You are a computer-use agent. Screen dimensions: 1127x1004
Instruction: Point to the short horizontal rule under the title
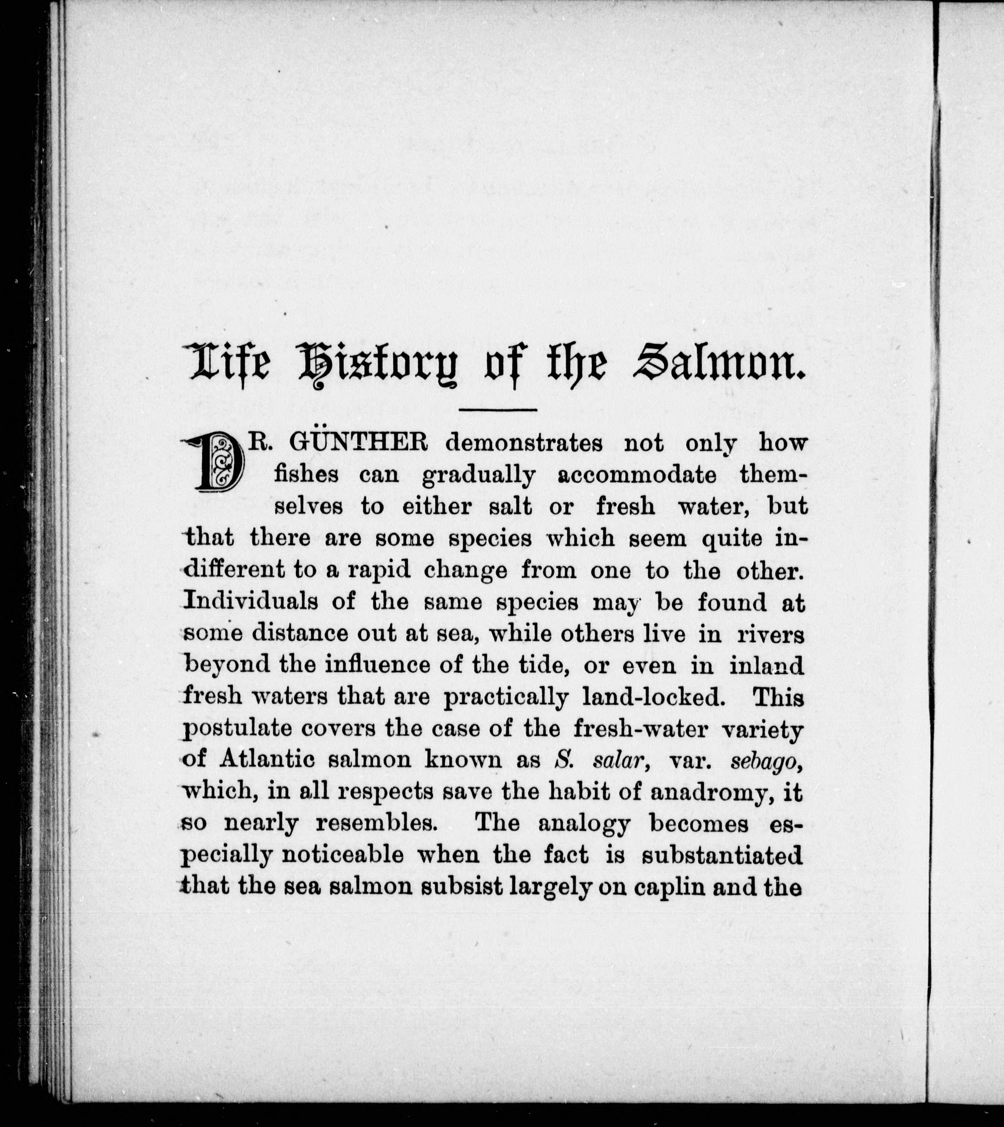[x=498, y=410]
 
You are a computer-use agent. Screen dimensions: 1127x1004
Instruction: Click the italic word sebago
[x=764, y=761]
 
